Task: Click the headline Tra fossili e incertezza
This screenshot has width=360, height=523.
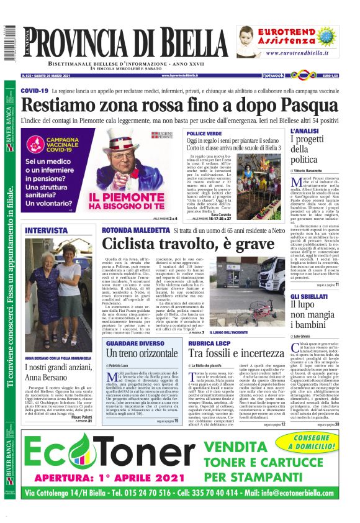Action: (x=236, y=353)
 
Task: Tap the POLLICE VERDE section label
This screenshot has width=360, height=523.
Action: (x=204, y=134)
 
